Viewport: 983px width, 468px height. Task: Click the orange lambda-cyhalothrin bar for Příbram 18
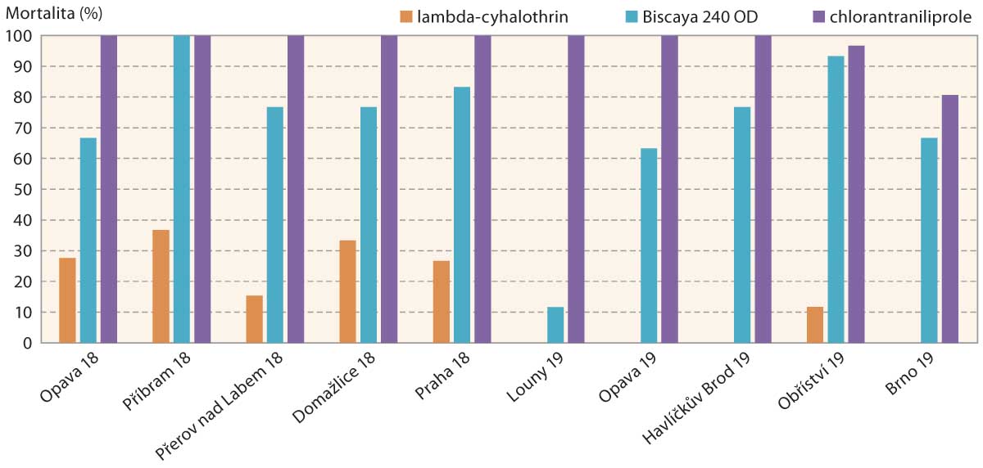click(161, 286)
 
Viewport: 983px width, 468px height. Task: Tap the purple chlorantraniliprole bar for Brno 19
click(949, 219)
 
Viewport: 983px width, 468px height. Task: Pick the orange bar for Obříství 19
click(815, 325)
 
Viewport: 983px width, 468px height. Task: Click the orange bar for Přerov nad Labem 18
click(254, 319)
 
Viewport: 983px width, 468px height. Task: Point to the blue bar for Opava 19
click(649, 245)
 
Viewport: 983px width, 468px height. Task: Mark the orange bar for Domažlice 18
click(347, 291)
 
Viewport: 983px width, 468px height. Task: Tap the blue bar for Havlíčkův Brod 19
click(742, 225)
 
